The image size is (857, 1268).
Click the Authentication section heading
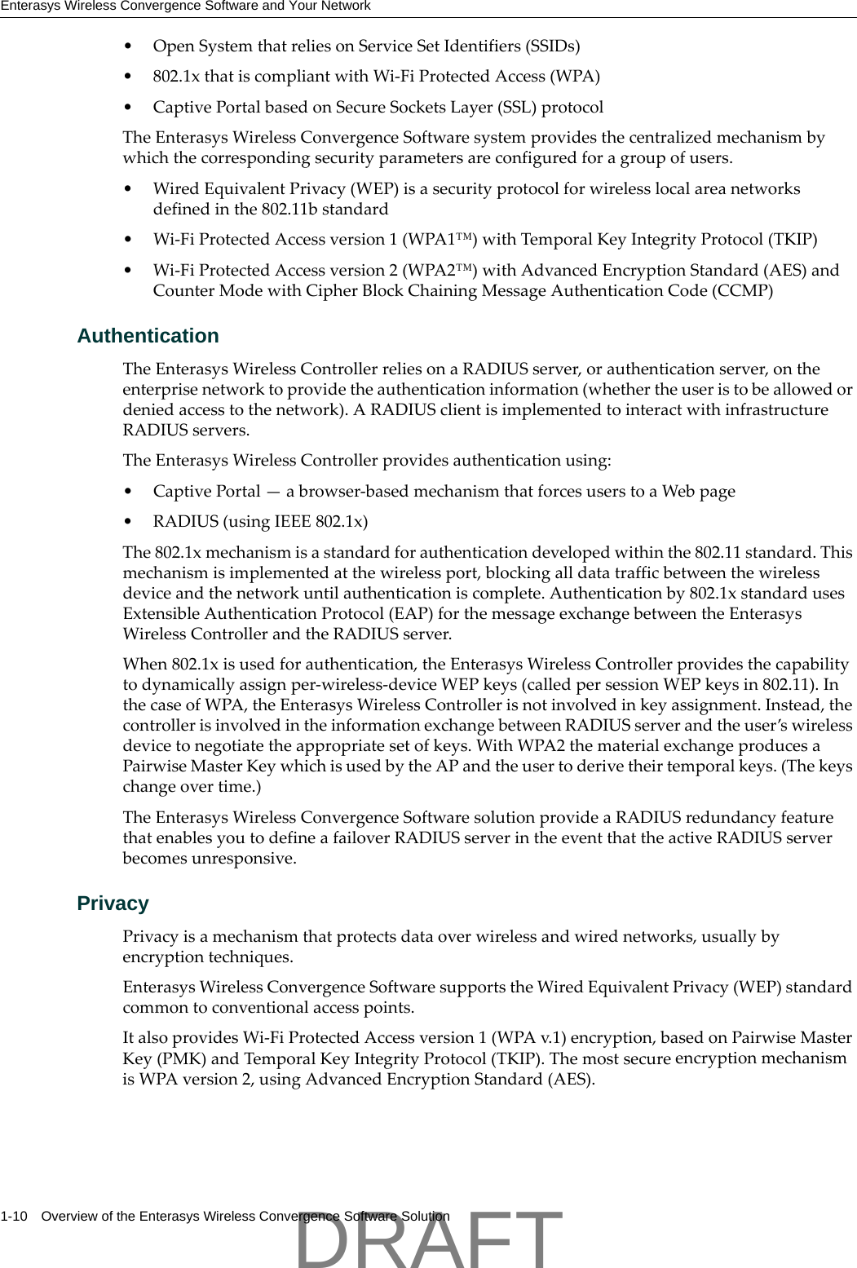click(148, 336)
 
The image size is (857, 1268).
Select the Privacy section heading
click(113, 904)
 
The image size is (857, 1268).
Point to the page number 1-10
click(14, 1217)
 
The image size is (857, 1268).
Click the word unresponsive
click(242, 859)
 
